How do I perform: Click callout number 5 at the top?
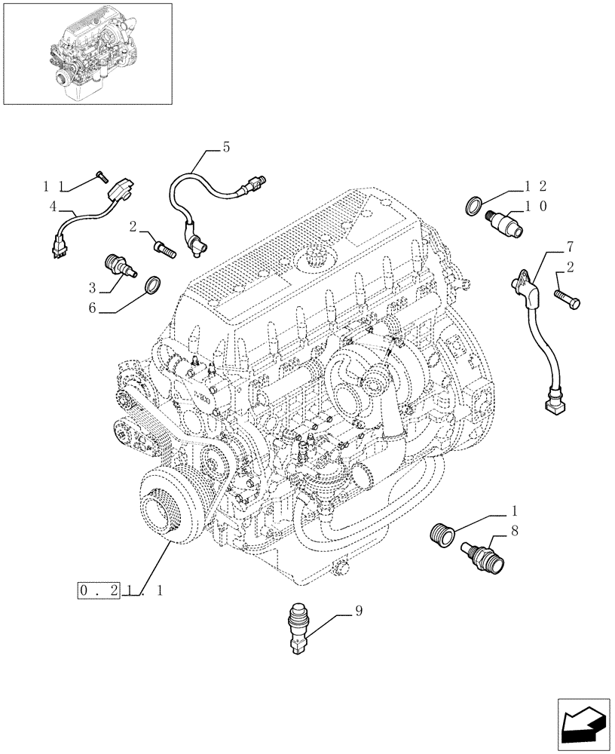(225, 149)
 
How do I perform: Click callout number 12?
(536, 185)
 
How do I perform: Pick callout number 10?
(536, 205)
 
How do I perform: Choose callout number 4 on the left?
(53, 205)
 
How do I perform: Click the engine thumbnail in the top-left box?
(87, 53)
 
